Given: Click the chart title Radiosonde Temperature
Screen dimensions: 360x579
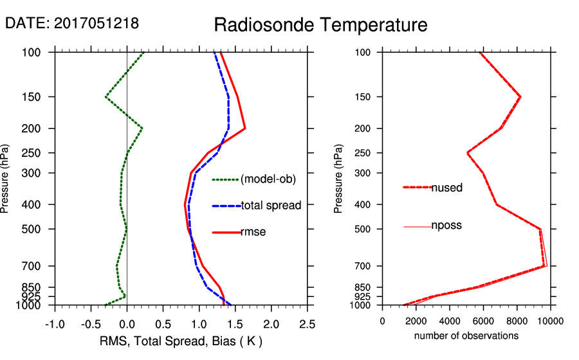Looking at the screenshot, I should tap(320, 25).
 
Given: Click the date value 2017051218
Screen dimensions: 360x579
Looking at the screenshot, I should tap(96, 23).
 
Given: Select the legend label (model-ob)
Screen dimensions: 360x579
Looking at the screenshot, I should tap(268, 179).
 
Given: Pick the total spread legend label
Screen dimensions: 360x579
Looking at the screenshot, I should tap(271, 206).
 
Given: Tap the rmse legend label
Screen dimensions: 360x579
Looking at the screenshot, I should tap(253, 231).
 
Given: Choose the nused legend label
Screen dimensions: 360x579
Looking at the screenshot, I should tap(446, 188).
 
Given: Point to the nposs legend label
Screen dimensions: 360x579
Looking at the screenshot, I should tap(446, 226).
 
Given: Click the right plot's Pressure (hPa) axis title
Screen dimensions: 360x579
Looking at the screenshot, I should tap(338, 178).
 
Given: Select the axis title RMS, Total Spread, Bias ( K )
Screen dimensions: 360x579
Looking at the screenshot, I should tap(181, 340).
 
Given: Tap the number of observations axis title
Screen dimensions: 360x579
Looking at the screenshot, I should tap(466, 336).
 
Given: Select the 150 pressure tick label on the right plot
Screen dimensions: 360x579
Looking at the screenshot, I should tap(363, 97).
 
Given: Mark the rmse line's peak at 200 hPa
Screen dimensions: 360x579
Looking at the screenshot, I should tap(245, 129).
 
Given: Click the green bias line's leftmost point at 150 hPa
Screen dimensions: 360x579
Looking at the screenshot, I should tap(106, 97).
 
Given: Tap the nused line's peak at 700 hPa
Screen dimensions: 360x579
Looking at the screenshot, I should tap(546, 265).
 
